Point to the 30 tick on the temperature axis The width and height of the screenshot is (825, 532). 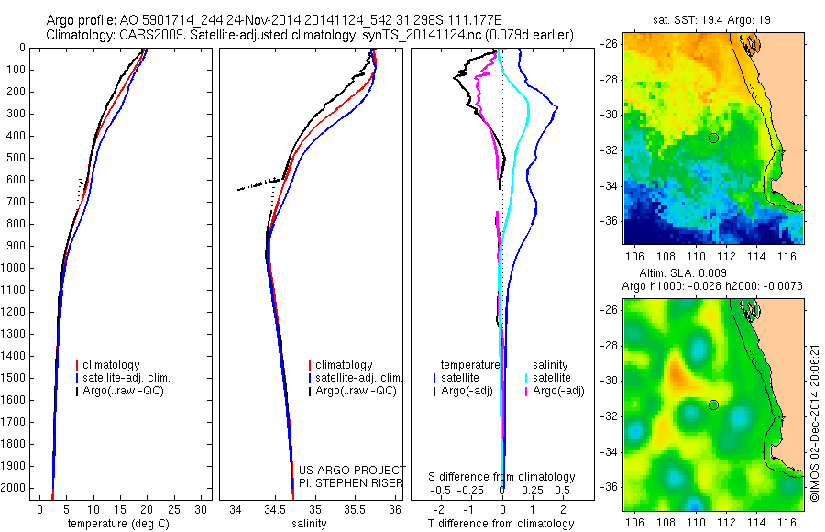(x=202, y=509)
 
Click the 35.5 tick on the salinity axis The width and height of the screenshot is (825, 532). (x=355, y=509)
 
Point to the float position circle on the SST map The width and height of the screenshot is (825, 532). (x=713, y=138)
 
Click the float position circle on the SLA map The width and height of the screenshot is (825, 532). (x=713, y=405)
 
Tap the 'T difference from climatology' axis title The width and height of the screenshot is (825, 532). (x=503, y=524)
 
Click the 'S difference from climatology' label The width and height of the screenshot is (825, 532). (x=502, y=477)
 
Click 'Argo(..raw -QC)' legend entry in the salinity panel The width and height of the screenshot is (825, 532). (x=356, y=391)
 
